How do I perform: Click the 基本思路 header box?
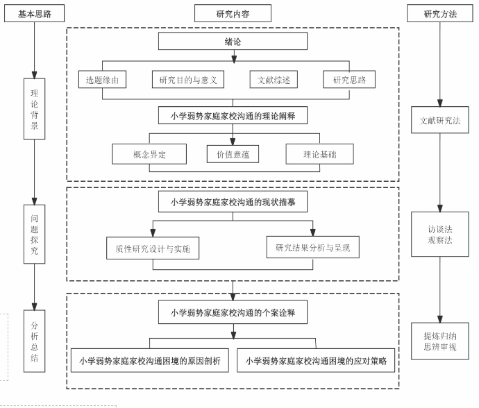click(34, 13)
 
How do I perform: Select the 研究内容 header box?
click(233, 13)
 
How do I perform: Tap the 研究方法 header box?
click(440, 13)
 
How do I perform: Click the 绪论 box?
click(233, 42)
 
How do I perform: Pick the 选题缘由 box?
click(102, 80)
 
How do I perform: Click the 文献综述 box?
click(274, 80)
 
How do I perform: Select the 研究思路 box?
click(349, 80)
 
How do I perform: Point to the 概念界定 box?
click(149, 154)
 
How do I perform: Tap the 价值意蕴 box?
click(233, 154)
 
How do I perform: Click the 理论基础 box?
click(319, 154)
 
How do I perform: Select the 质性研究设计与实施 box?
click(153, 248)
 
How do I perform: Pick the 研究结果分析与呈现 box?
click(312, 247)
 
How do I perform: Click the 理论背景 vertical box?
click(34, 109)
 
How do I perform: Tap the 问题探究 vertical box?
click(34, 234)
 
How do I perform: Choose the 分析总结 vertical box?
click(34, 341)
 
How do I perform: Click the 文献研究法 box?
click(440, 120)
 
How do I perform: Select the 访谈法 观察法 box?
click(440, 235)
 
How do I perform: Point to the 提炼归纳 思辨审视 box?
click(440, 341)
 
